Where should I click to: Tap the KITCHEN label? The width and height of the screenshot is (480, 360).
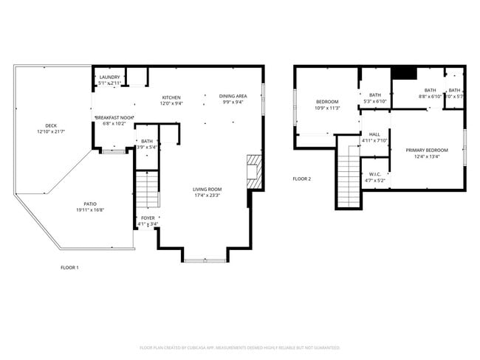click(171, 97)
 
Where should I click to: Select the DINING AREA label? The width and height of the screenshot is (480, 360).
click(233, 97)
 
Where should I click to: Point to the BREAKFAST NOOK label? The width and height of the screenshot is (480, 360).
click(114, 117)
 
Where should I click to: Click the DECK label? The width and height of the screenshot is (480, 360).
click(51, 125)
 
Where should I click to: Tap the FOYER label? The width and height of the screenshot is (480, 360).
click(148, 218)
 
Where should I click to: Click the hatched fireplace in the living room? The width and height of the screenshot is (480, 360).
click(254, 169)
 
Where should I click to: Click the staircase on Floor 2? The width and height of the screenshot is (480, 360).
click(348, 177)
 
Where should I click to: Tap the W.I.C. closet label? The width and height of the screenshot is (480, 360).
click(374, 175)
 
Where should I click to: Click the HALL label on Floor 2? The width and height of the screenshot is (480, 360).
click(374, 134)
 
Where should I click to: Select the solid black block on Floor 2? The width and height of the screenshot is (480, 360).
click(404, 72)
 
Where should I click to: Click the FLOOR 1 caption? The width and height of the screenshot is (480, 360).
click(69, 267)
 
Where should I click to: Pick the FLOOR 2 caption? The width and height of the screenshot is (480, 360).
click(301, 179)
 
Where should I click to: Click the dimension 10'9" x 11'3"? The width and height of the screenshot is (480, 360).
click(327, 108)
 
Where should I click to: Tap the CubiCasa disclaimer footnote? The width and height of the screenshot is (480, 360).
click(239, 347)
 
